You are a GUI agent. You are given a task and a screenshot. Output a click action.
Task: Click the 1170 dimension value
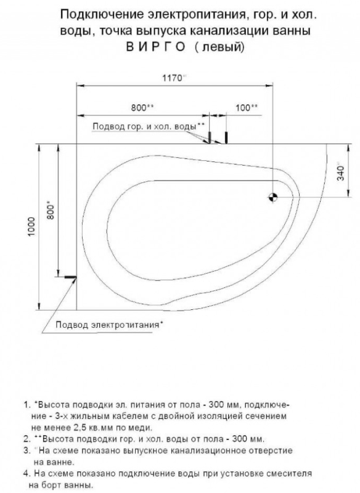pyautogui.click(x=173, y=78)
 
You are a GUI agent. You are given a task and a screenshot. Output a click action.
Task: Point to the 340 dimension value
pyautogui.click(x=341, y=173)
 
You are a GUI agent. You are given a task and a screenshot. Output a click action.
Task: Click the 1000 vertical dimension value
pyautogui.click(x=32, y=227)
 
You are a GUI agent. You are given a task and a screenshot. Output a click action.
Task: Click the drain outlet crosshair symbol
pyautogui.click(x=273, y=197)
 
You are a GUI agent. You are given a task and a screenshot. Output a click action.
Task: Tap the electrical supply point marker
pyautogui.click(x=70, y=277)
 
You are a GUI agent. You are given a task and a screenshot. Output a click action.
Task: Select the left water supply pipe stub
pyautogui.click(x=210, y=136)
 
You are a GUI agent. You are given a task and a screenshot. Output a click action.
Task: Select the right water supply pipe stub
pyautogui.click(x=226, y=137)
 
